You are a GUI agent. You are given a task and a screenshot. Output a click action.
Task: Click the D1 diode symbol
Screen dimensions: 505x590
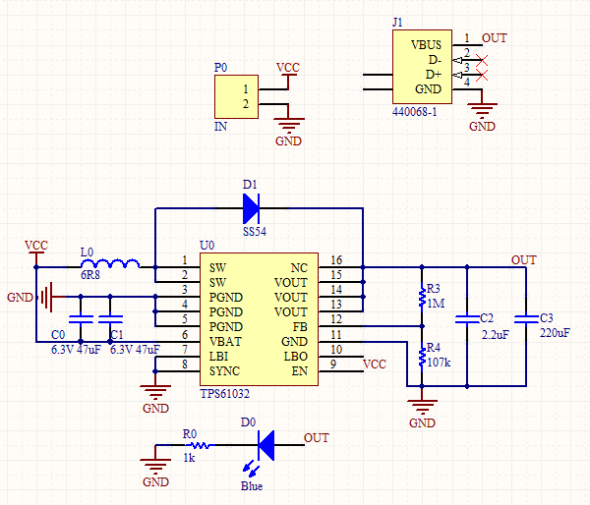tap(251, 208)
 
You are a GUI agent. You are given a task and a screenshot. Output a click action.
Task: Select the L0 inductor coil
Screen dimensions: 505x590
tap(116, 264)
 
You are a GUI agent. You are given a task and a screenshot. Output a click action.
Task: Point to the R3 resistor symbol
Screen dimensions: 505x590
tap(423, 296)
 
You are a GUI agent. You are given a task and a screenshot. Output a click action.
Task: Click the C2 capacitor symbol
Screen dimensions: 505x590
tap(467, 317)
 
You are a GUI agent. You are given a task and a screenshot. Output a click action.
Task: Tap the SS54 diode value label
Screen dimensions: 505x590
tap(255, 231)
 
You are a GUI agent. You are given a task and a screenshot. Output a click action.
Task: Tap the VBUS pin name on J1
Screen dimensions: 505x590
tap(426, 44)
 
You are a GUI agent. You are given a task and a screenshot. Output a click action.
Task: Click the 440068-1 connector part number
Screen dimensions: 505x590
tap(414, 113)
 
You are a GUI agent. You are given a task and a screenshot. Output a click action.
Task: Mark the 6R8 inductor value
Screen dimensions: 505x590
tap(89, 277)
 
